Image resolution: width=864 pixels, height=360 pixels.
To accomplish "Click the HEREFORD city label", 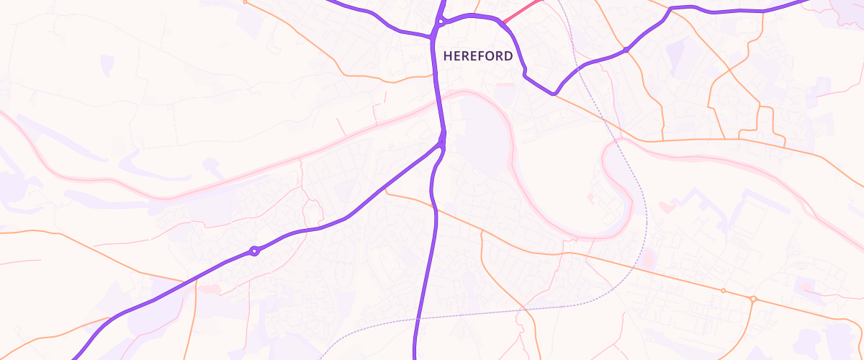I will (478, 56).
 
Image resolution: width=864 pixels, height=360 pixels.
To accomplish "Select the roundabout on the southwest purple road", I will (253, 251).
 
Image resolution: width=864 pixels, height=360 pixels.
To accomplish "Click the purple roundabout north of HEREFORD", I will (439, 22).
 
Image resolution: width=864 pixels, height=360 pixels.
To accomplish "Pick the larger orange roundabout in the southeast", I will (753, 299).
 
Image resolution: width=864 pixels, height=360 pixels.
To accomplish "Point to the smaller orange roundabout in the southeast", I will (723, 291).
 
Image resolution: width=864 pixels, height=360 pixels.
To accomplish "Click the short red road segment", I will (521, 11).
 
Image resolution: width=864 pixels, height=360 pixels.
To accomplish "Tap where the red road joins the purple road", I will (502, 23).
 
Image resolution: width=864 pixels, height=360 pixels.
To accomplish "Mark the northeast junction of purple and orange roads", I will (627, 50).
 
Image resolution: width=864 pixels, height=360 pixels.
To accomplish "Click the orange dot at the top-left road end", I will (245, 2).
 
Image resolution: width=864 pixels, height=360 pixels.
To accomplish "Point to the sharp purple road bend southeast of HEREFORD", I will (554, 94).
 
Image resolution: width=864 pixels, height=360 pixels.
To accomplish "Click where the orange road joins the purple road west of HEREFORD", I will (433, 35).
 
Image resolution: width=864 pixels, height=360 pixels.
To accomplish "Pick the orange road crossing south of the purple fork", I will (433, 208).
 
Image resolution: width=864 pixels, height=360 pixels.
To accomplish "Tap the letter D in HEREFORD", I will (508, 56).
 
